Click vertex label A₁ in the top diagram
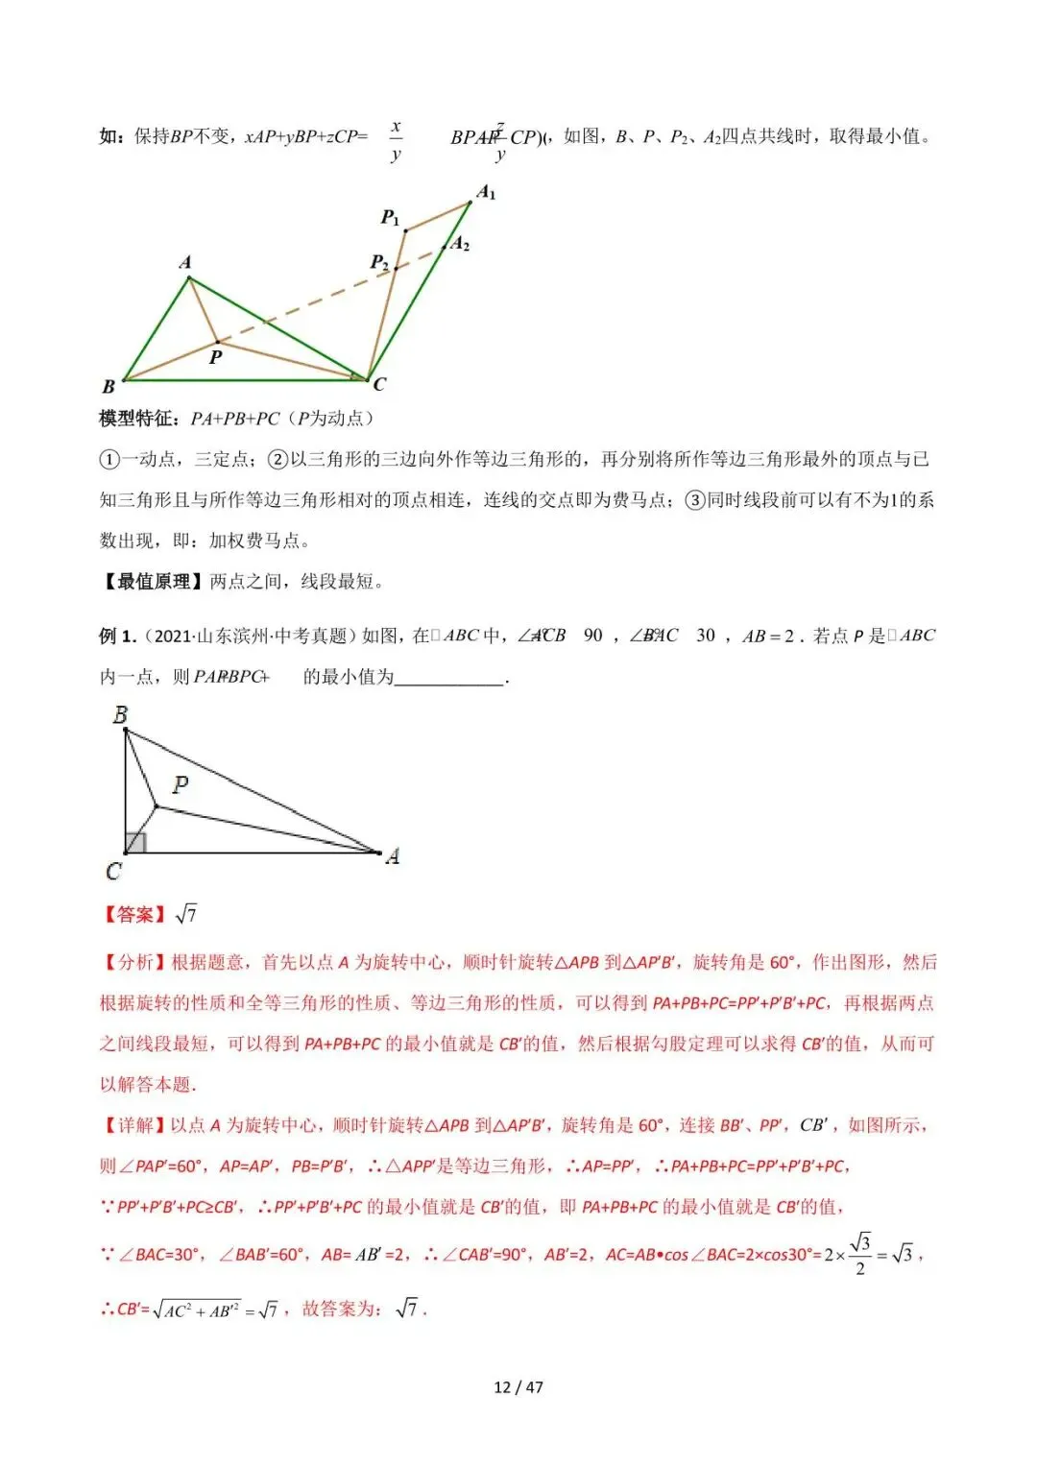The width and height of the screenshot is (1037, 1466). [487, 193]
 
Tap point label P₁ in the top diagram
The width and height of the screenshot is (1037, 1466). [390, 218]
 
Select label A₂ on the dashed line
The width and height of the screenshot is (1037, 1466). [461, 244]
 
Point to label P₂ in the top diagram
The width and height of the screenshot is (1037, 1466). [380, 262]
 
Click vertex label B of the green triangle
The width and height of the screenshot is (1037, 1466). [109, 386]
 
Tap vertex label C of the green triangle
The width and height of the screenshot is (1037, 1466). [379, 384]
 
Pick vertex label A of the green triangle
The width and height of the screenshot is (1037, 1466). [185, 262]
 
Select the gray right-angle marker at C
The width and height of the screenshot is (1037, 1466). [135, 842]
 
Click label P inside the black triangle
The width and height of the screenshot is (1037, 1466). [180, 784]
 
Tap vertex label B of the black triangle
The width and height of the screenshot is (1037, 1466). [120, 715]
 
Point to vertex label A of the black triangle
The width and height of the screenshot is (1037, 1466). [392, 855]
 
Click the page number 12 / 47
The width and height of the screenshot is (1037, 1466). [518, 1386]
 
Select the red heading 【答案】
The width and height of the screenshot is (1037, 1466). [134, 914]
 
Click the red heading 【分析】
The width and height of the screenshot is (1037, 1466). [134, 962]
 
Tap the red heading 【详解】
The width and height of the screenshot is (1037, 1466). [134, 1125]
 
